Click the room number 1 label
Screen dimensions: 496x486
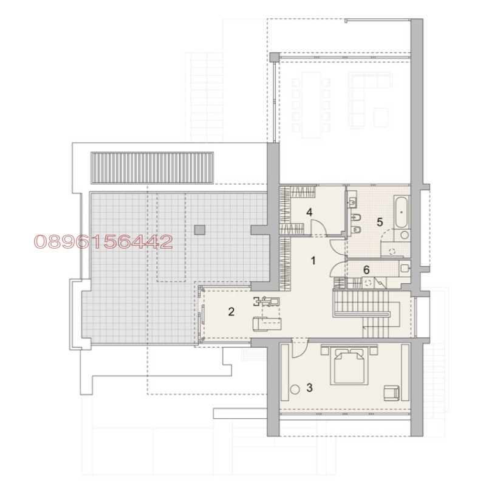tap(313, 261)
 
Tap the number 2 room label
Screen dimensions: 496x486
tap(231, 312)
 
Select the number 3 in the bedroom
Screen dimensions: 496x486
tap(309, 387)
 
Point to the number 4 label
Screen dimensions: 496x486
tap(309, 212)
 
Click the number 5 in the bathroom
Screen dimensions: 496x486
tap(380, 222)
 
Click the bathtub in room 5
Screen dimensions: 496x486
tap(400, 210)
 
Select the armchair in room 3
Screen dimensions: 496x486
tap(391, 392)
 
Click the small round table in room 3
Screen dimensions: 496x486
tap(295, 390)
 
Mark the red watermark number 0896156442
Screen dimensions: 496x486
tap(103, 243)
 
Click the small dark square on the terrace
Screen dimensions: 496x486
tap(199, 229)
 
